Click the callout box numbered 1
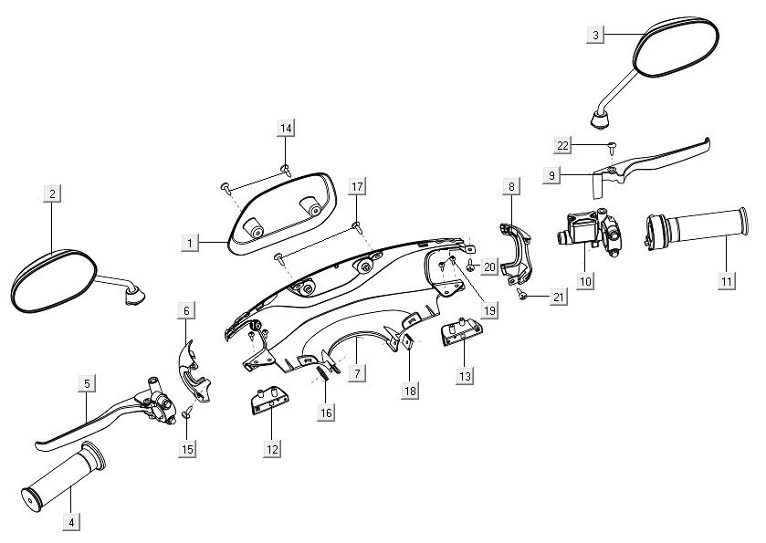pyautogui.click(x=189, y=244)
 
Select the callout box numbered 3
pyautogui.click(x=595, y=35)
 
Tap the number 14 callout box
pyautogui.click(x=286, y=129)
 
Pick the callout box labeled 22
pyautogui.click(x=562, y=145)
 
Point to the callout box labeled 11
pyautogui.click(x=726, y=281)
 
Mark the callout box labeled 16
pyautogui.click(x=326, y=412)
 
